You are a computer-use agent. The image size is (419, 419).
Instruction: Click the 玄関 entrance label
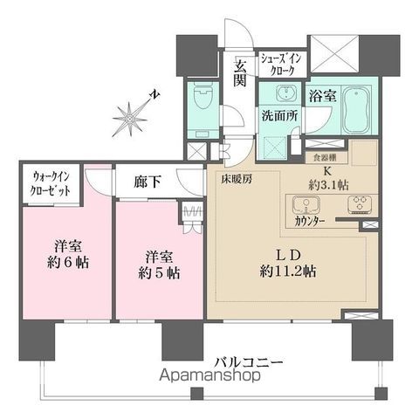pos(240,72)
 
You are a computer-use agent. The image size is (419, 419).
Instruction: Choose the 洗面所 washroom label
pos(279,113)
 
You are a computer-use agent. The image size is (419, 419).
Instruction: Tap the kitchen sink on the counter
pos(306,206)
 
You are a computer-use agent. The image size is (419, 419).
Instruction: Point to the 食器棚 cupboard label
pos(325,158)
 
